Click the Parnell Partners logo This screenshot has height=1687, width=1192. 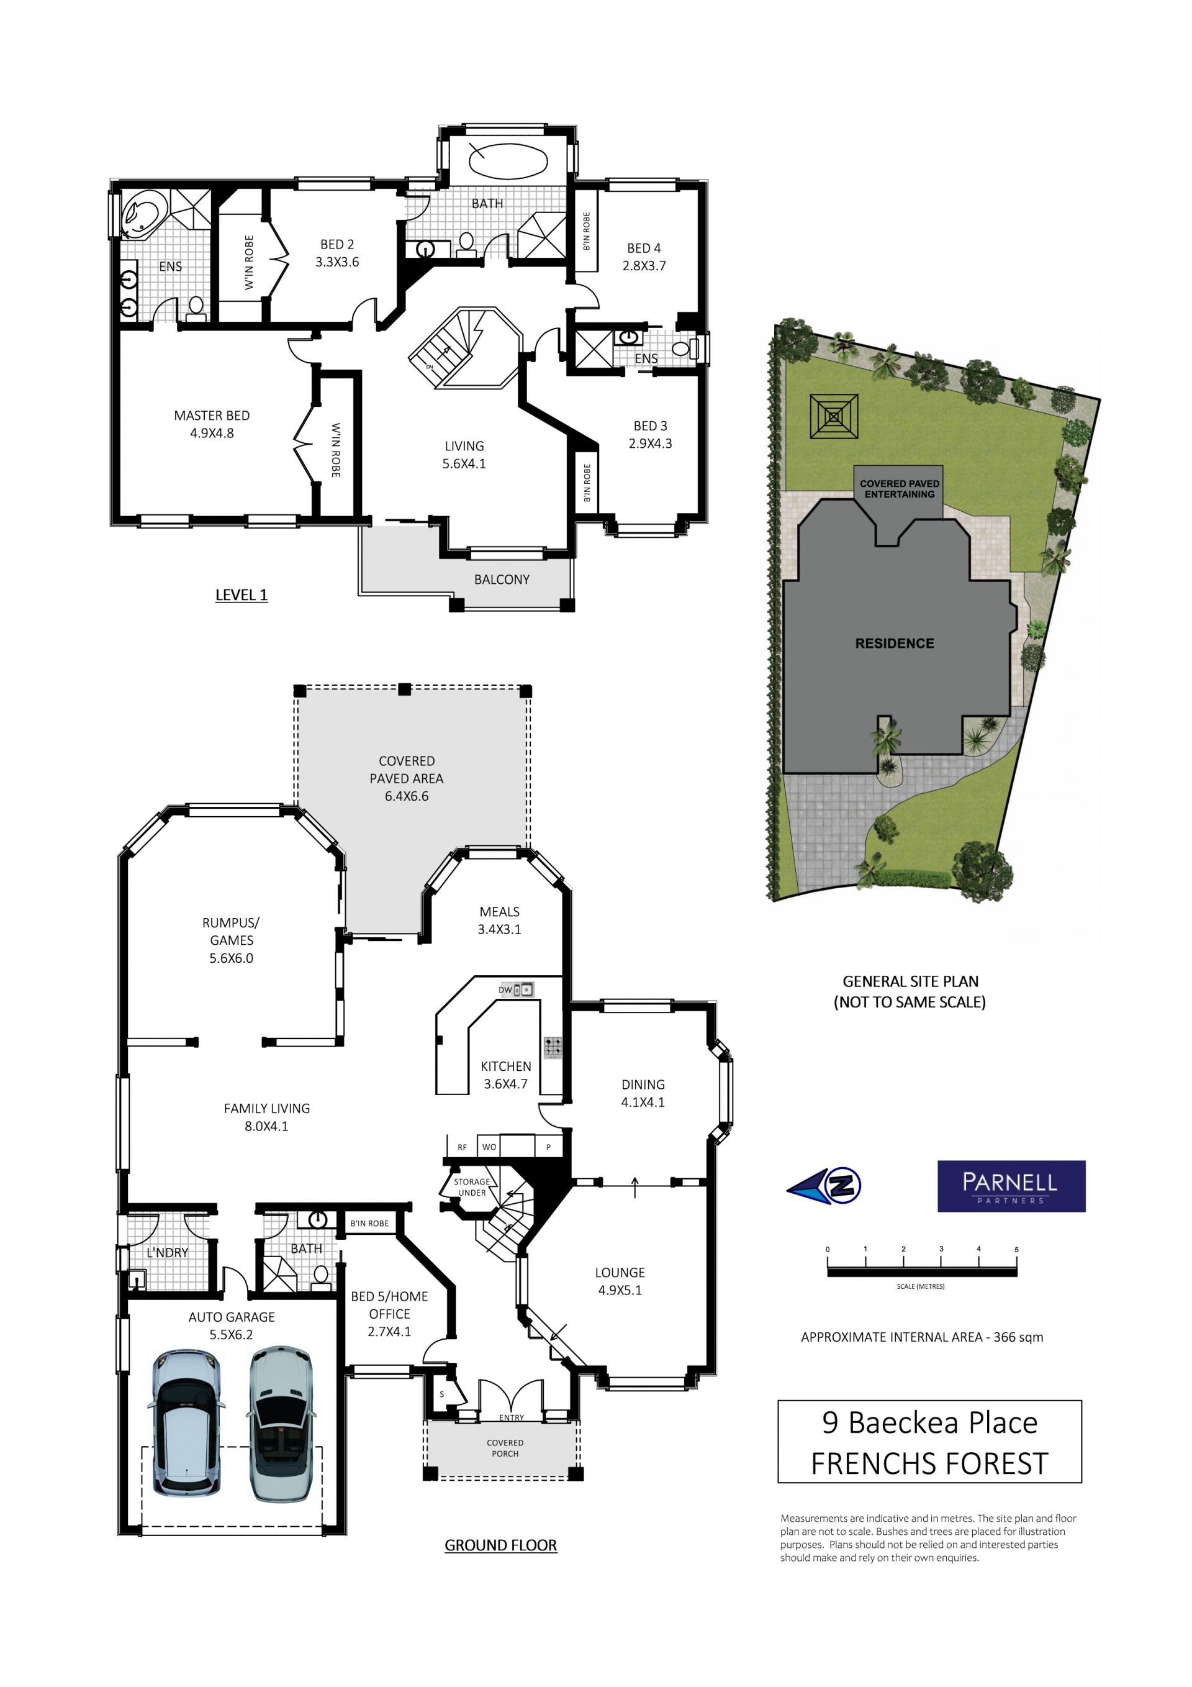(1011, 1186)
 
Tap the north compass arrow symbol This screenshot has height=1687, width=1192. (823, 1185)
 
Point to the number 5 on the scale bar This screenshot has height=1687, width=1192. (1016, 1250)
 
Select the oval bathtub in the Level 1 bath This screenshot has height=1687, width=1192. (507, 160)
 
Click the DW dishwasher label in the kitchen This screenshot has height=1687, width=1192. (505, 989)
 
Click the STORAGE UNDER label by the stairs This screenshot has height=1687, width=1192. (471, 1186)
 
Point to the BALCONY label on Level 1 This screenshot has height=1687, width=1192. (502, 580)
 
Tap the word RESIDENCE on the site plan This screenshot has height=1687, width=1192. (895, 643)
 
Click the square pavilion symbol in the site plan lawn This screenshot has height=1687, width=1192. (834, 417)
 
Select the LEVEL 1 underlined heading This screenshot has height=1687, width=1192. (241, 595)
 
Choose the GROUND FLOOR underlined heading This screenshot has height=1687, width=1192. (501, 1545)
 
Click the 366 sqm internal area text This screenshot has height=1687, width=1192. (1018, 1337)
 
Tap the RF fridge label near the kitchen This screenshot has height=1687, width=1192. (462, 1147)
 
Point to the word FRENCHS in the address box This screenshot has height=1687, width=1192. (866, 1463)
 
